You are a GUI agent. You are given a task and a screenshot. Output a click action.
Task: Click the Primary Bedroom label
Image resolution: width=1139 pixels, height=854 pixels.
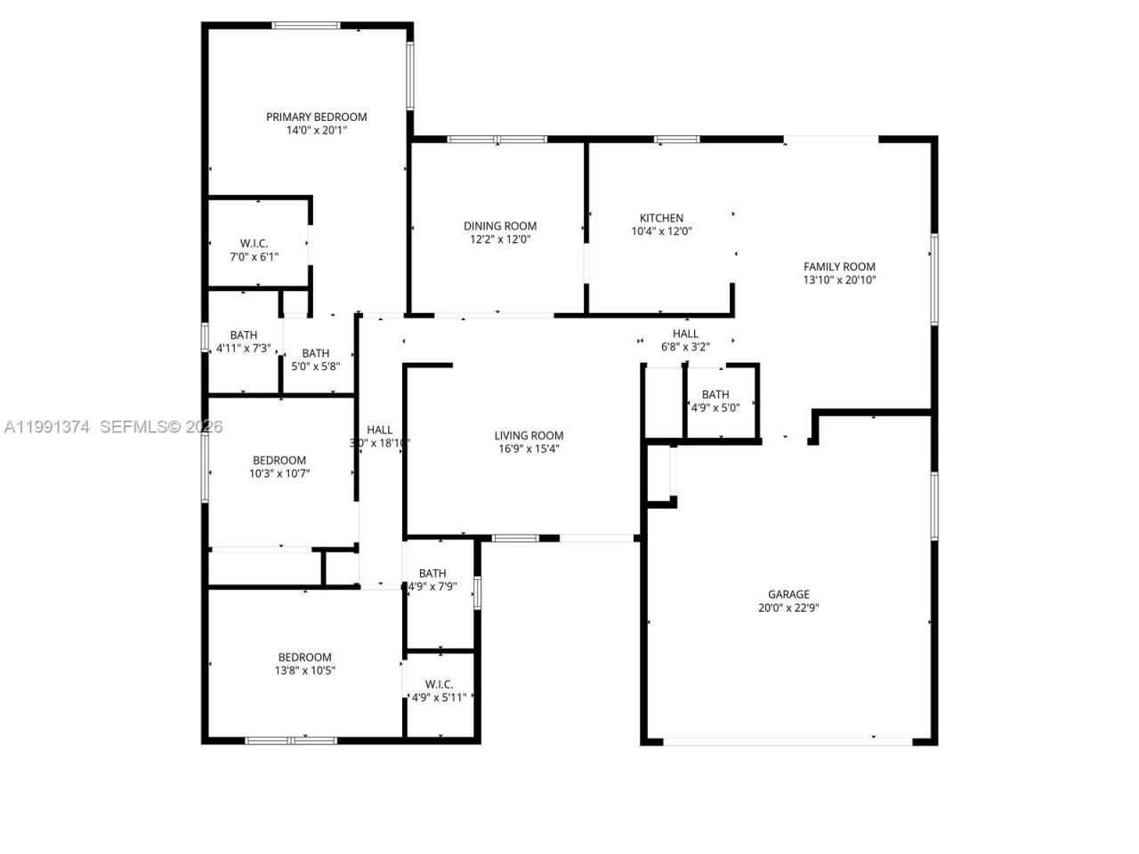click(316, 117)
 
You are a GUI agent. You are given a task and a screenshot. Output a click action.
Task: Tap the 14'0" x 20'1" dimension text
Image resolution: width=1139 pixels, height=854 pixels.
click(316, 130)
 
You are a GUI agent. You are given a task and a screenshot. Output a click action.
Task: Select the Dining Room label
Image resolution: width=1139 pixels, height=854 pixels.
click(500, 226)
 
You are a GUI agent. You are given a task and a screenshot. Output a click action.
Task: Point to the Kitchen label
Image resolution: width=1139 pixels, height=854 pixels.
click(661, 218)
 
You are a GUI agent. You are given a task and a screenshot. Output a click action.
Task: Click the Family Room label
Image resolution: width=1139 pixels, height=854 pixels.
click(839, 266)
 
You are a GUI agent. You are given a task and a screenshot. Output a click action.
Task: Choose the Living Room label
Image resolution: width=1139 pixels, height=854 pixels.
click(529, 435)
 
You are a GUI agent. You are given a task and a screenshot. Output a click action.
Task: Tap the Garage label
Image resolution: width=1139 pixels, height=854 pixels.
click(788, 594)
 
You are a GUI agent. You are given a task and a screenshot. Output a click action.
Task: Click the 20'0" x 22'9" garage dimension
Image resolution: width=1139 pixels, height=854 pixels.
click(788, 608)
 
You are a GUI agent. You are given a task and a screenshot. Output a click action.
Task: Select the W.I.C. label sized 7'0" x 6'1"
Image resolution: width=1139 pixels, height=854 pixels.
click(254, 243)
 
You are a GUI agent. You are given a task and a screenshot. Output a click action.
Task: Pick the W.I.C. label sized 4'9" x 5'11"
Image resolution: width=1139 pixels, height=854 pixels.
click(439, 684)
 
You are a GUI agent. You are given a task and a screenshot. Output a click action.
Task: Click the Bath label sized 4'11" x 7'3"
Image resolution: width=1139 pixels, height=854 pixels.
click(243, 335)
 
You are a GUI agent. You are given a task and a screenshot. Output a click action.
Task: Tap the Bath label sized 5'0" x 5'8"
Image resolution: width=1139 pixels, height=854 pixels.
click(315, 353)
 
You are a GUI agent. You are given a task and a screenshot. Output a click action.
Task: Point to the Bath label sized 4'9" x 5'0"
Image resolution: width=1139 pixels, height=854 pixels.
click(715, 394)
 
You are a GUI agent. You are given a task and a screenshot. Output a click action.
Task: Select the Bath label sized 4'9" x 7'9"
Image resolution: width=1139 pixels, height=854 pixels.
click(432, 573)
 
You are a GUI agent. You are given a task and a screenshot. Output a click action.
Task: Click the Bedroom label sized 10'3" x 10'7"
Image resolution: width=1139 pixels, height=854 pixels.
click(279, 460)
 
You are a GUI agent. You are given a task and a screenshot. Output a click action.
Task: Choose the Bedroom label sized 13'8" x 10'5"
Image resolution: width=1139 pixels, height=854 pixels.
click(304, 657)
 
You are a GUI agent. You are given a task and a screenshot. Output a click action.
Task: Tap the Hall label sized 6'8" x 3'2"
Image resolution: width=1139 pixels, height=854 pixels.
click(685, 334)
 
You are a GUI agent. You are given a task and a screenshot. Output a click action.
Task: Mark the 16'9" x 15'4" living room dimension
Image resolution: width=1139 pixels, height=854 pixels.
click(529, 449)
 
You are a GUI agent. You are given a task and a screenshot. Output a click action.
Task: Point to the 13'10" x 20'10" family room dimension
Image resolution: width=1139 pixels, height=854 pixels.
click(839, 280)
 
